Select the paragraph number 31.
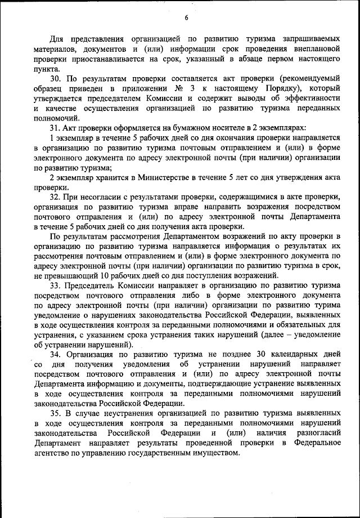(x=56, y=128)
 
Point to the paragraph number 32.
(x=56, y=196)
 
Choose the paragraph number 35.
(x=56, y=412)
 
